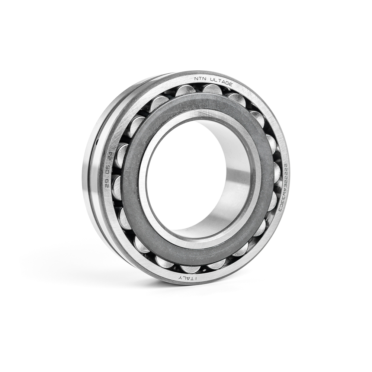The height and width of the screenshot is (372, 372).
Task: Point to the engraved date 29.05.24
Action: (109, 169)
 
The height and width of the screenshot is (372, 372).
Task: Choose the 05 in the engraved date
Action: (109, 170)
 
